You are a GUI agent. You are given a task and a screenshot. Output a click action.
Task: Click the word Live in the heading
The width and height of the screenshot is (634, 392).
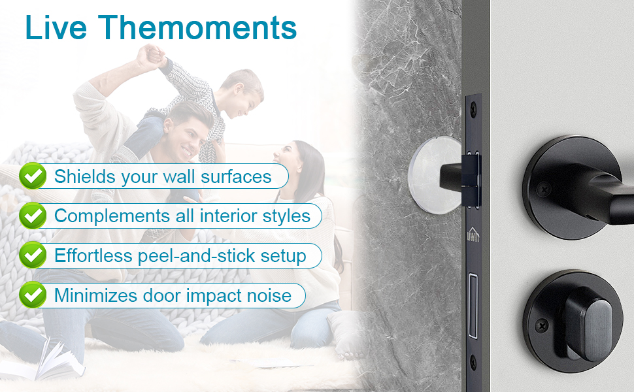coord(56,27)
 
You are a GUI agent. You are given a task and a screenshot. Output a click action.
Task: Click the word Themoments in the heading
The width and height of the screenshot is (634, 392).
coord(197,27)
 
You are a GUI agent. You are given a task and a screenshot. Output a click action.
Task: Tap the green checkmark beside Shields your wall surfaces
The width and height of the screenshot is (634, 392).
coord(33,176)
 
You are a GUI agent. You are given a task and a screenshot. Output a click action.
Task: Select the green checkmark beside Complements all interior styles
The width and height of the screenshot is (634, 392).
coord(33,216)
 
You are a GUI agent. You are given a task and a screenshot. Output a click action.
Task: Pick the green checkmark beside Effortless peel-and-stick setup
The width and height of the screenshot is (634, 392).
coord(33,255)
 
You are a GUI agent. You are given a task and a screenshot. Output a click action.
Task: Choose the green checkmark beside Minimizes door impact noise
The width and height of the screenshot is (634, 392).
coord(33,295)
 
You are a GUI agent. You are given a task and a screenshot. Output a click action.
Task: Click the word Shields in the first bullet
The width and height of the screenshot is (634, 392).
coord(85,176)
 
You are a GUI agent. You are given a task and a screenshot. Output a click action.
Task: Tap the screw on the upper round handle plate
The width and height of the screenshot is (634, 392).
coord(544,189)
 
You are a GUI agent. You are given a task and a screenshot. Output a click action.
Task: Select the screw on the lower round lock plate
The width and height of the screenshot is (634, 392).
coord(542,325)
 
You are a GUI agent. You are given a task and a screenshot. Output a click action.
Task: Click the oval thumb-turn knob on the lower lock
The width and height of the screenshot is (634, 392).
coord(586,324)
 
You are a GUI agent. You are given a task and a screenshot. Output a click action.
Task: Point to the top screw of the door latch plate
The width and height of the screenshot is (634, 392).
coord(473,108)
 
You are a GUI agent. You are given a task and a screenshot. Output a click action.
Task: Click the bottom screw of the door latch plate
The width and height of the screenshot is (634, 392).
coord(473,362)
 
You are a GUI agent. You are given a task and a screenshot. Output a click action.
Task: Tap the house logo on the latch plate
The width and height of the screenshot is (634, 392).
coord(473,235)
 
